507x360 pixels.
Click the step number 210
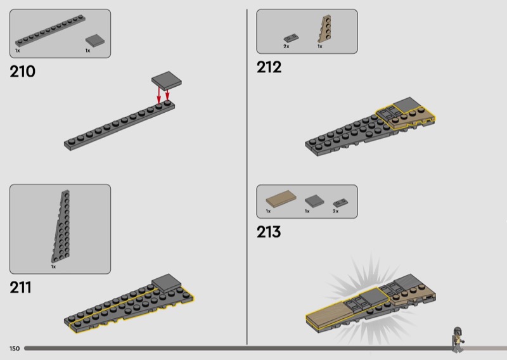(22, 72)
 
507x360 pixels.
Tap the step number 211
(21, 287)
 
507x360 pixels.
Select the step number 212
(269, 67)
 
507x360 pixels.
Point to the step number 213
(269, 232)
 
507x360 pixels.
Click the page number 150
(15, 349)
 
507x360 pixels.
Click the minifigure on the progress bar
(458, 340)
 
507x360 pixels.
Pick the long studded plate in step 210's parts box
(50, 31)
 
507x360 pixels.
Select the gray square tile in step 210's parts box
(95, 41)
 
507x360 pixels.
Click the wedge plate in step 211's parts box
(61, 226)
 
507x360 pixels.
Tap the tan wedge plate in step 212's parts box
(325, 29)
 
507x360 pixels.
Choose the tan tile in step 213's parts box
(281, 198)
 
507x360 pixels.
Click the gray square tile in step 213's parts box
(314, 201)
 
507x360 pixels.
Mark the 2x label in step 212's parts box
(286, 46)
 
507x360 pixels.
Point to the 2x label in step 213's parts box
(336, 211)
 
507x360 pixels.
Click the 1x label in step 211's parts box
(53, 267)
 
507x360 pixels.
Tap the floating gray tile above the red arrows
(167, 80)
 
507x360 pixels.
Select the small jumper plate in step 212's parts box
(291, 39)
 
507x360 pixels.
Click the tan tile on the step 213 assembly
(333, 313)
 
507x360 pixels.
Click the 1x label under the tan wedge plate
(320, 46)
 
